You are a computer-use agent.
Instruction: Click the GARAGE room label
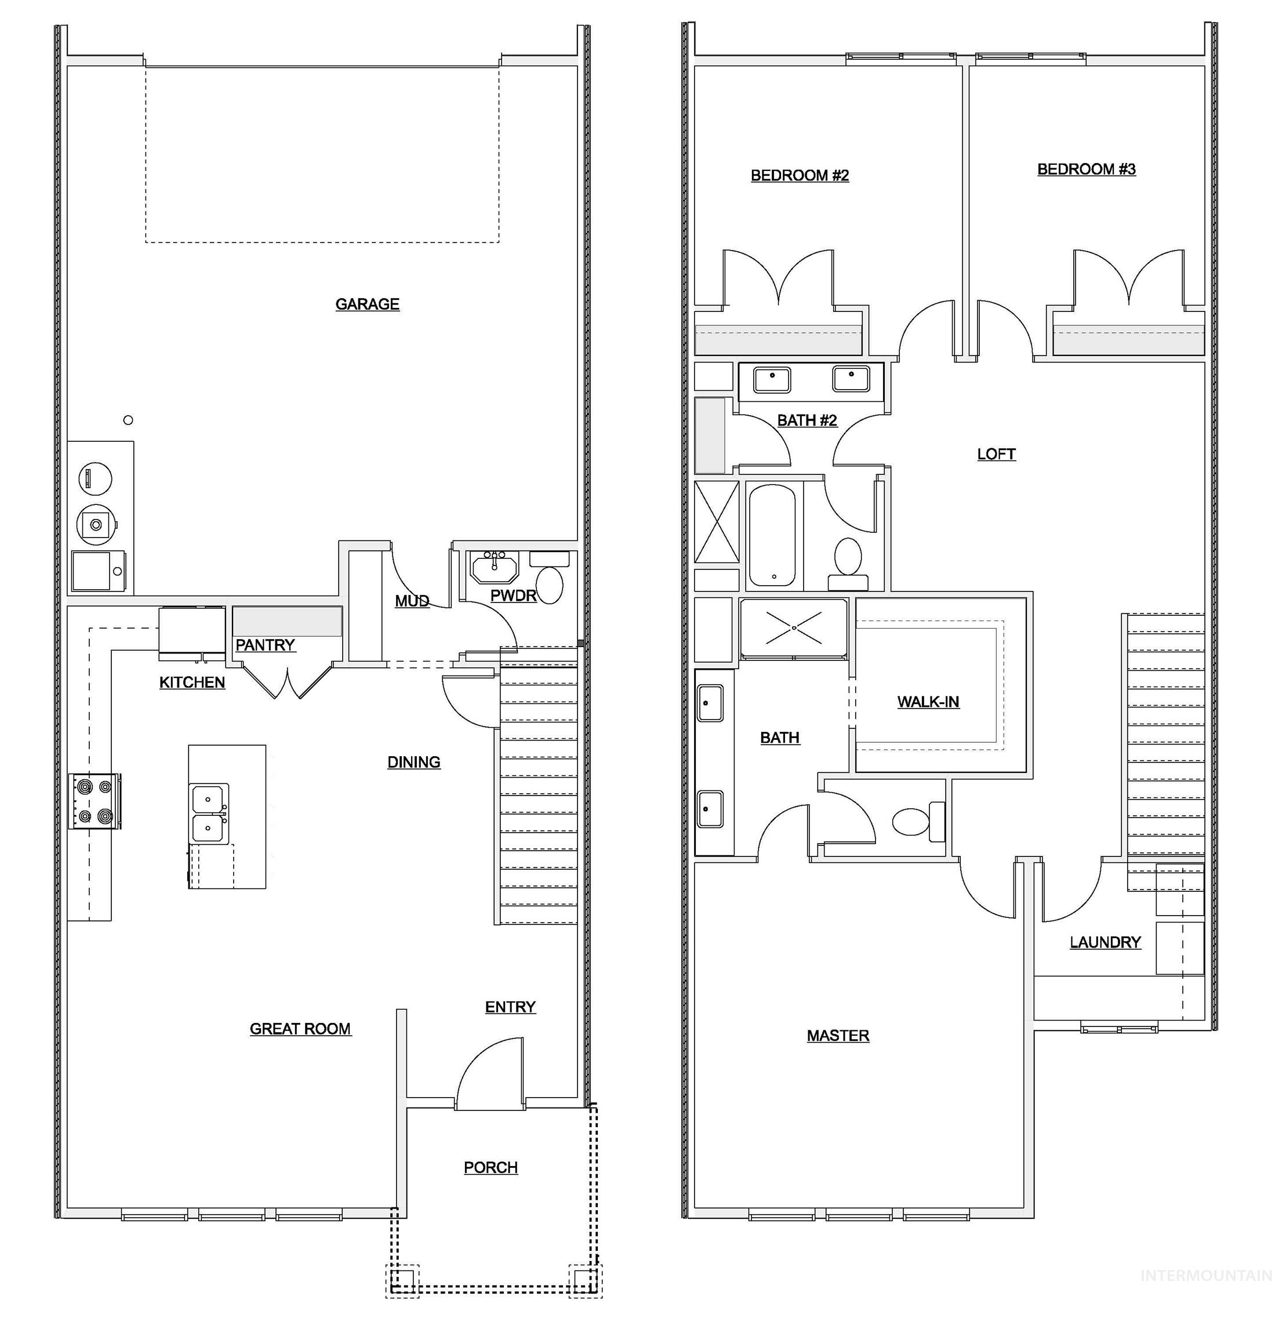[x=367, y=304]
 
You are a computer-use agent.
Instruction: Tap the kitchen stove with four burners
[x=95, y=801]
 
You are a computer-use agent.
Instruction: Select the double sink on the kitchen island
[x=209, y=814]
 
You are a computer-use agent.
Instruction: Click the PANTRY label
[x=265, y=644]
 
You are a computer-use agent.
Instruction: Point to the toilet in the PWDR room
[x=549, y=584]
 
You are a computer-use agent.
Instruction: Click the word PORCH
[x=491, y=1167]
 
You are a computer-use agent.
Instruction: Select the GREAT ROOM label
[x=300, y=1028]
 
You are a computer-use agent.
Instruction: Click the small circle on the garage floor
[x=128, y=420]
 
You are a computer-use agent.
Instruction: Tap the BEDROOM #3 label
[x=1086, y=169]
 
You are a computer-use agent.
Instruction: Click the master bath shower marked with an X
[x=793, y=628]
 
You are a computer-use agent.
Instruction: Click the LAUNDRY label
[x=1105, y=942]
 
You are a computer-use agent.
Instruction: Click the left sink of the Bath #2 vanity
[x=772, y=379]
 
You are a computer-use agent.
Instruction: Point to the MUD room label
[x=412, y=600]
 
